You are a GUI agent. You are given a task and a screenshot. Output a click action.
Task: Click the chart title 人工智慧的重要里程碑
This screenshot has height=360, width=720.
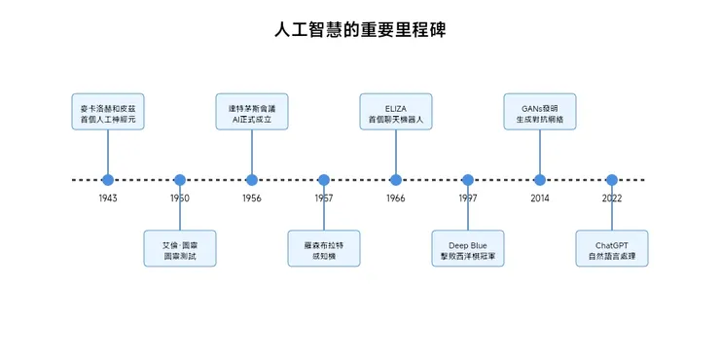[x=360, y=30]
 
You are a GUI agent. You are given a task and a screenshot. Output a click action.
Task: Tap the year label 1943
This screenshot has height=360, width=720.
[x=108, y=198]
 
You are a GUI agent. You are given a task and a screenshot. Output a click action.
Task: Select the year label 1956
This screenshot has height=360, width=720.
[x=252, y=198]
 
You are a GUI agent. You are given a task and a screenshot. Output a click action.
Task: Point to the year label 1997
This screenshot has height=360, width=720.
[x=468, y=198]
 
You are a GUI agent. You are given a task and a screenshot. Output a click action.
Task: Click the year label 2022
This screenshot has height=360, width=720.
[x=612, y=198]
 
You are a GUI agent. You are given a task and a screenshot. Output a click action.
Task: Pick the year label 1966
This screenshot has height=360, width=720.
[x=396, y=198]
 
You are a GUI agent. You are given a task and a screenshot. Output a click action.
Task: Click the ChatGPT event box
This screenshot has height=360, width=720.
[x=612, y=249]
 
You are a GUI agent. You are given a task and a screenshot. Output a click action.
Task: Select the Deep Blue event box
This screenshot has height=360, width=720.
[x=468, y=249]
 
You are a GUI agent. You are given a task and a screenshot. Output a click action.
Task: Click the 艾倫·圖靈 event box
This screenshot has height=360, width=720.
[x=180, y=249]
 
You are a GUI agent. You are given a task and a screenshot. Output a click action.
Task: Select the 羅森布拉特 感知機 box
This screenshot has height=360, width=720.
[x=324, y=249]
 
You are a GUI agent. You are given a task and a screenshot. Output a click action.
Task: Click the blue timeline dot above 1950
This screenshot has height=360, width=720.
[x=180, y=180]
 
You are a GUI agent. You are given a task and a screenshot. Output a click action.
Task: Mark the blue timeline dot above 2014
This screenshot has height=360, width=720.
[x=540, y=180]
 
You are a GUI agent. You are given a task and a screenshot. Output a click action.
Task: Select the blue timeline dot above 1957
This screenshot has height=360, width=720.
[x=324, y=180]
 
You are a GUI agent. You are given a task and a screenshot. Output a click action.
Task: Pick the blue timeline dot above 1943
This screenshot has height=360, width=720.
[x=108, y=180]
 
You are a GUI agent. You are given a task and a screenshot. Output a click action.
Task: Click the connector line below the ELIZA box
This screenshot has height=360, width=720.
[x=396, y=152]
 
